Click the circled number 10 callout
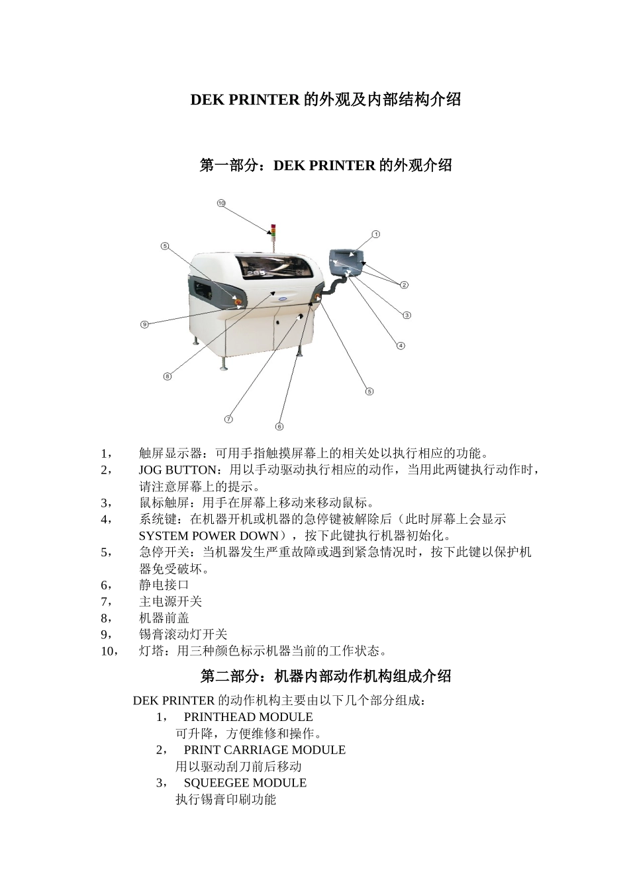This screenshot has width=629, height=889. (221, 203)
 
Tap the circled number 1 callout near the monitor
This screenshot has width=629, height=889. (375, 234)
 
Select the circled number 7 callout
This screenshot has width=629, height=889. (228, 419)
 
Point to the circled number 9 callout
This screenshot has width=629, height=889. (144, 324)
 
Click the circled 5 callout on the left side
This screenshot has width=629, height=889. (165, 246)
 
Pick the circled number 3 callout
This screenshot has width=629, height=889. (407, 315)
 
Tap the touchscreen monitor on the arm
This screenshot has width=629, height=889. (347, 261)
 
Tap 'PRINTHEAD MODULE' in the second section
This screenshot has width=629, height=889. (248, 717)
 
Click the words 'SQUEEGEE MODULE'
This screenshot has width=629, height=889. (245, 783)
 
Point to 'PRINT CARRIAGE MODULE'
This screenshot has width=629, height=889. (264, 750)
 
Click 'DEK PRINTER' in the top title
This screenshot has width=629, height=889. (244, 100)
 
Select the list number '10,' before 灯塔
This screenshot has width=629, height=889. (110, 652)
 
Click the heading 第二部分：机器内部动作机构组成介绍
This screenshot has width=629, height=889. (325, 676)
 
